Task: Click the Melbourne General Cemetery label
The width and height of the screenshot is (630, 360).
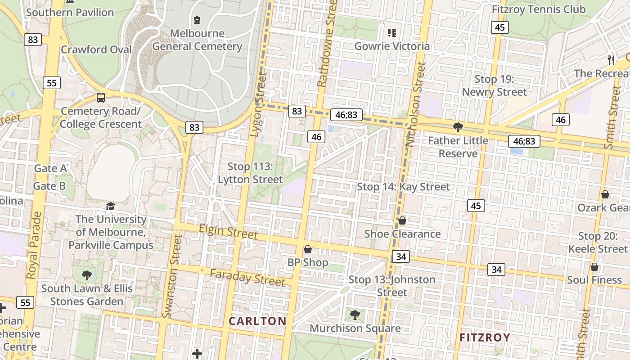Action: pos(197,40)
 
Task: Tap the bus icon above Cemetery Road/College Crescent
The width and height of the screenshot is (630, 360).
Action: pos(101,98)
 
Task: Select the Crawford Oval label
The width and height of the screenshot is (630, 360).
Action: pos(96,49)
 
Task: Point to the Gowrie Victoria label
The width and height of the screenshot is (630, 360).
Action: pos(392,46)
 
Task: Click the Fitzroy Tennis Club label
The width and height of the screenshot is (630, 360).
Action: pos(539,9)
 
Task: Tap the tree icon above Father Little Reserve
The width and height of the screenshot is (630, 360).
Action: pos(458,127)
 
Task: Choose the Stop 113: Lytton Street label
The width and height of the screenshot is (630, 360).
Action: pos(250,173)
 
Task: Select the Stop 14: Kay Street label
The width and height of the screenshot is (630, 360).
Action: pos(403,187)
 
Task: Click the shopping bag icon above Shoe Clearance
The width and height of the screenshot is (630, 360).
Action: pos(402,220)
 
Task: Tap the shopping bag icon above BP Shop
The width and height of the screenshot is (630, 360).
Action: pos(308,249)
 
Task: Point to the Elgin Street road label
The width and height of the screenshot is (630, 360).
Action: pos(228,232)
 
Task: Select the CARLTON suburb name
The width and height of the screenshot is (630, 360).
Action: pos(257,321)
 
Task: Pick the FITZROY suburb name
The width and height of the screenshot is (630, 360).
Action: pos(485,337)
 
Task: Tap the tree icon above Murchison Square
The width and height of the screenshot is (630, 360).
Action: pos(355,315)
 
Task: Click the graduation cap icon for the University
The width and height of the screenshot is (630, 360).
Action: pos(110,206)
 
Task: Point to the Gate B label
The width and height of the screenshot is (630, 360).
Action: pos(49,186)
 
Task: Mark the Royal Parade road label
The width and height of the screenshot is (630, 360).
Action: pos(34,246)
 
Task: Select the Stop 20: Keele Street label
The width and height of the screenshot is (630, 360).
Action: pos(597,243)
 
